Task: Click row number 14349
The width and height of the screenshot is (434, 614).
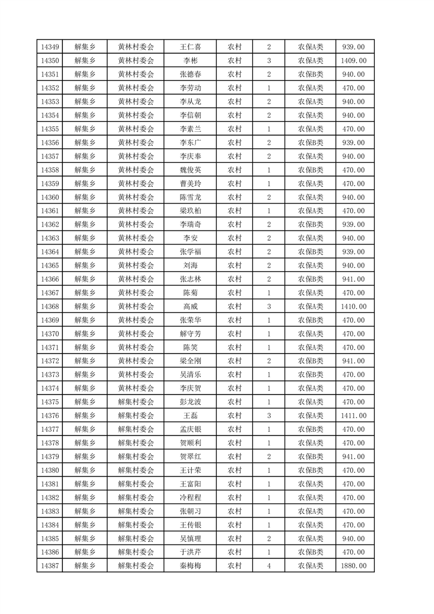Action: point(49,47)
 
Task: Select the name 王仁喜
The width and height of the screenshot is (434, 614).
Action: point(190,47)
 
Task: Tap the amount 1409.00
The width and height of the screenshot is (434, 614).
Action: point(353,61)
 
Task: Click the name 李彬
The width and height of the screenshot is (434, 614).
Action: point(190,61)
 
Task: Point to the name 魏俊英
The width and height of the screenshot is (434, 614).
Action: point(190,170)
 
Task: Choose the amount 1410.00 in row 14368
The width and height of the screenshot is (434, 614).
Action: point(353,306)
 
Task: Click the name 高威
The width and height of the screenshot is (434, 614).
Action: point(190,306)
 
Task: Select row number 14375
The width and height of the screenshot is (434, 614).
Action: point(49,402)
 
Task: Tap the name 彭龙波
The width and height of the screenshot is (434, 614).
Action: point(190,402)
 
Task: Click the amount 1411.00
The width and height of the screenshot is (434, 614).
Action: point(353,416)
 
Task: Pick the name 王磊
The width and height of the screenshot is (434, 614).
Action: point(190,416)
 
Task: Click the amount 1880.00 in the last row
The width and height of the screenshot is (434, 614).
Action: point(353,566)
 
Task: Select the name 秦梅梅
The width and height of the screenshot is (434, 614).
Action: point(190,566)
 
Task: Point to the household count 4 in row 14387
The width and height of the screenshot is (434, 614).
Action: point(269,566)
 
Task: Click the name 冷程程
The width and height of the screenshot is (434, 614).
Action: point(190,497)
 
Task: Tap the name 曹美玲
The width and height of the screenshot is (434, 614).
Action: point(190,184)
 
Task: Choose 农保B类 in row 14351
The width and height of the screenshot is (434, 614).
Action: point(310,74)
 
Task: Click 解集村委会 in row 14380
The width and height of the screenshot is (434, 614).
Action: point(136,470)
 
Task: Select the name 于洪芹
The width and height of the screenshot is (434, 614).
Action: point(190,552)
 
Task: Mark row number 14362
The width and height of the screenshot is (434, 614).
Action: point(49,224)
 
